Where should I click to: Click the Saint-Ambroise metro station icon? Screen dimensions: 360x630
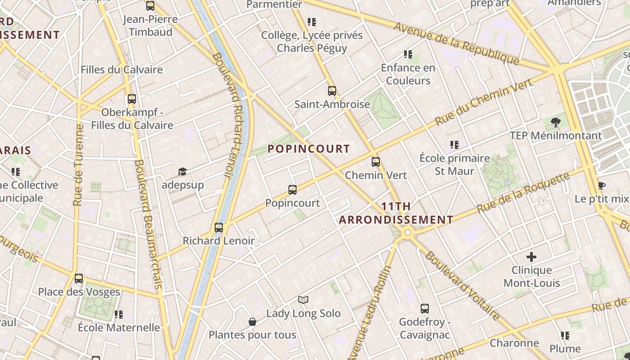tap(332, 90)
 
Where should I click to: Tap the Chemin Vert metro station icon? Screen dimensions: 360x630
tap(376, 162)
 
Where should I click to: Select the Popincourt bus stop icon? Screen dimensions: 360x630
tap(292, 190)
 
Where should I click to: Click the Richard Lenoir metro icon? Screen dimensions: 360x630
tap(219, 228)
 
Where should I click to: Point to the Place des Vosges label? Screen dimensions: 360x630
tap(79, 292)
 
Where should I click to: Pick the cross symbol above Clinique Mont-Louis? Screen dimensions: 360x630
tap(531, 257)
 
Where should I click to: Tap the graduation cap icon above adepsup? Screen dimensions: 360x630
tap(182, 171)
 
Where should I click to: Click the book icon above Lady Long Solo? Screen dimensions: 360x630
tap(303, 300)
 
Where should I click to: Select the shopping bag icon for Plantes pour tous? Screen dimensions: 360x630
tap(252, 322)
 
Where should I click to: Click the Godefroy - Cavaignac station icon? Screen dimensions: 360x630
tap(425, 309)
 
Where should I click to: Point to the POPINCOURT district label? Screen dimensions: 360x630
tap(309, 149)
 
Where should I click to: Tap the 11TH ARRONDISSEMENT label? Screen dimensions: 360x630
tap(396, 213)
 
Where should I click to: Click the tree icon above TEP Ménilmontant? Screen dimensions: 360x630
tap(556, 122)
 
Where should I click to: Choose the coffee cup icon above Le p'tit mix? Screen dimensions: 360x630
tap(601, 185)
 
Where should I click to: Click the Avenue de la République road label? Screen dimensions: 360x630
tap(457, 43)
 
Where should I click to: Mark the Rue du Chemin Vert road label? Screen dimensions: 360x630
tap(484, 102)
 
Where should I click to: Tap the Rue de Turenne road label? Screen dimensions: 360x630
tap(79, 165)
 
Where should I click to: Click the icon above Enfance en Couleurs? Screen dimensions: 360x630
tap(408, 54)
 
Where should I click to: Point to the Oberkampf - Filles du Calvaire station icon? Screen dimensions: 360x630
tap(132, 99)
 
